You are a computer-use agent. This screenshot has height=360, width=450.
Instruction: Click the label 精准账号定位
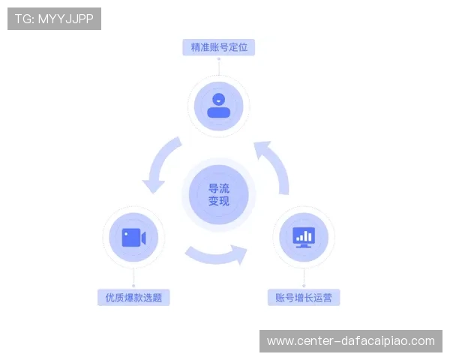(219, 47)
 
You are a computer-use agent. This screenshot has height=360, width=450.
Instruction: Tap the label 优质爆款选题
(133, 298)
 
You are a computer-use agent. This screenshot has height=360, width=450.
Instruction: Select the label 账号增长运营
(304, 298)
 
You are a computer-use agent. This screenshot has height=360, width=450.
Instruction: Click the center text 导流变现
(219, 195)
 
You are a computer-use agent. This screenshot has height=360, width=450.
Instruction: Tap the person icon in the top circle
(219, 105)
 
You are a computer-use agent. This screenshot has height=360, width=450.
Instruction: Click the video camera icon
(133, 238)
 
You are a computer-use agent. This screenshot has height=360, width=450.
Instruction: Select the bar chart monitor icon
(304, 238)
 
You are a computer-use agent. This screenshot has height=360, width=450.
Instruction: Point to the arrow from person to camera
(158, 163)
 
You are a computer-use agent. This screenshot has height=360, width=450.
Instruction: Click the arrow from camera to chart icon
(216, 256)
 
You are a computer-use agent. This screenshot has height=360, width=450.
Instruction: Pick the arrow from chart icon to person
(277, 165)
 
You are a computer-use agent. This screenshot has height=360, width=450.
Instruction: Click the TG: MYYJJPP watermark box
(54, 19)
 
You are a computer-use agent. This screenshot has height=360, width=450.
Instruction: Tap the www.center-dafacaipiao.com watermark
(351, 341)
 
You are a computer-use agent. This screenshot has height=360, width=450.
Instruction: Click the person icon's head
(219, 99)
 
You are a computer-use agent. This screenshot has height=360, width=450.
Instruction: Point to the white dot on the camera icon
(126, 234)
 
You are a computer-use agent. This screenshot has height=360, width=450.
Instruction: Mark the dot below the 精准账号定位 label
(219, 58)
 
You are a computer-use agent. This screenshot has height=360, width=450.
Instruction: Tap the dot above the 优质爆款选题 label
(133, 286)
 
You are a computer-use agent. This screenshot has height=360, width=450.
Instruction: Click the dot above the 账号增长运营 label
(304, 286)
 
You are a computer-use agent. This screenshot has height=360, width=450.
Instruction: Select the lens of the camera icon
(144, 238)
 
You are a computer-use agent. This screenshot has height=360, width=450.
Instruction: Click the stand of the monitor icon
(304, 246)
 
